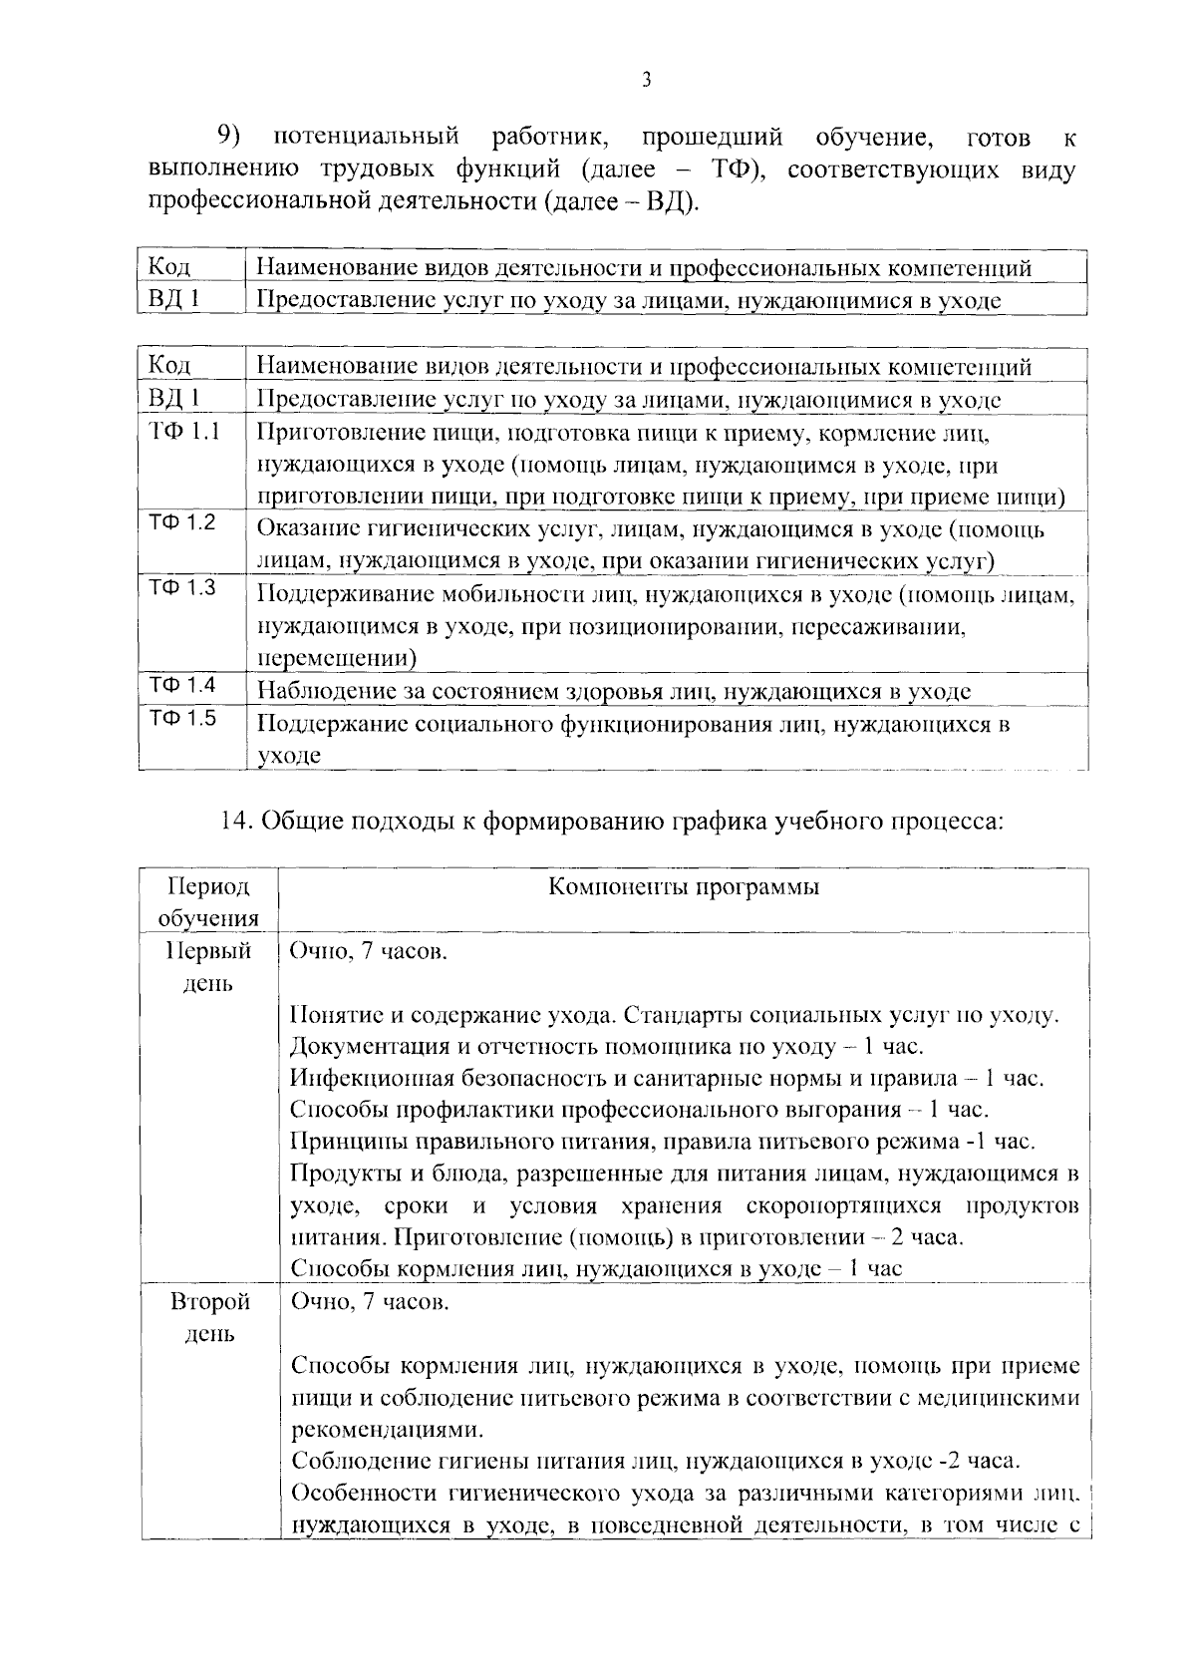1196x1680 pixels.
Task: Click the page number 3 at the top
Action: tap(646, 81)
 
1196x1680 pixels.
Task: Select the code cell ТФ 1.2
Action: tap(182, 522)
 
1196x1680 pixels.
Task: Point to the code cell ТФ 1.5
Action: tap(182, 718)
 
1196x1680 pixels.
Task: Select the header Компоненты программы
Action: tap(684, 886)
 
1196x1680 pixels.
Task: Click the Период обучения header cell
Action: tap(208, 901)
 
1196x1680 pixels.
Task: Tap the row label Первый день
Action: tap(208, 966)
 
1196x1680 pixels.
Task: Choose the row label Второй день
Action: tap(209, 1317)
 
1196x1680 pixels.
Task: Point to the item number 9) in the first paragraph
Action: tap(231, 136)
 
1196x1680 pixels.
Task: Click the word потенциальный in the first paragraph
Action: tap(366, 136)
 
